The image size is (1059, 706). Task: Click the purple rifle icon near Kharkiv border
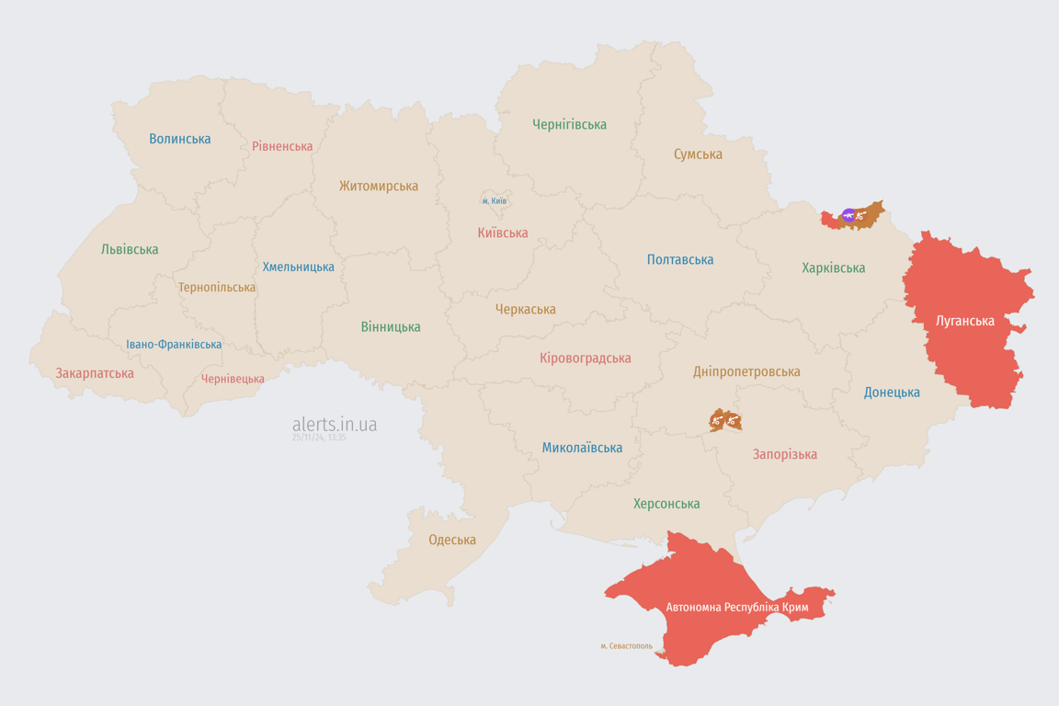[x=848, y=216]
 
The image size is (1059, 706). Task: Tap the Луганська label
[x=964, y=321]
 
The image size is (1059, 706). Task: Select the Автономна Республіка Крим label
[x=737, y=608]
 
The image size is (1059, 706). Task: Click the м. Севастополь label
[x=626, y=646]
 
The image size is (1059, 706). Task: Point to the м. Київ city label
[x=495, y=201]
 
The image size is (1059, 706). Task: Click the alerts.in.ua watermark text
[x=335, y=424]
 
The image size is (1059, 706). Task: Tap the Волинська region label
[x=180, y=139]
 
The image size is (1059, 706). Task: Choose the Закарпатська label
[x=95, y=373]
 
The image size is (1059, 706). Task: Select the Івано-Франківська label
[x=174, y=345]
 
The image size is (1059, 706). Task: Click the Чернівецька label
[x=233, y=379]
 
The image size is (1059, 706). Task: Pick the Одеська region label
[x=452, y=540]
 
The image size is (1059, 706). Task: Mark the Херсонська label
[x=666, y=504]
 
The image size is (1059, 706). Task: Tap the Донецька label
[x=892, y=393]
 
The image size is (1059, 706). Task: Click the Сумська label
[x=698, y=154]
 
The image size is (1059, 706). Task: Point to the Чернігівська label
[x=569, y=124]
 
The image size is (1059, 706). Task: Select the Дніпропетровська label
[x=746, y=371]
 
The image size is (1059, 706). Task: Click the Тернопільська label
[x=217, y=288]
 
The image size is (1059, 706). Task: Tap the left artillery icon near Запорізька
[x=717, y=421]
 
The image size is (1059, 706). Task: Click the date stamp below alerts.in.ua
[x=319, y=438]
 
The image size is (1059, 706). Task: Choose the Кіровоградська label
[x=586, y=359]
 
